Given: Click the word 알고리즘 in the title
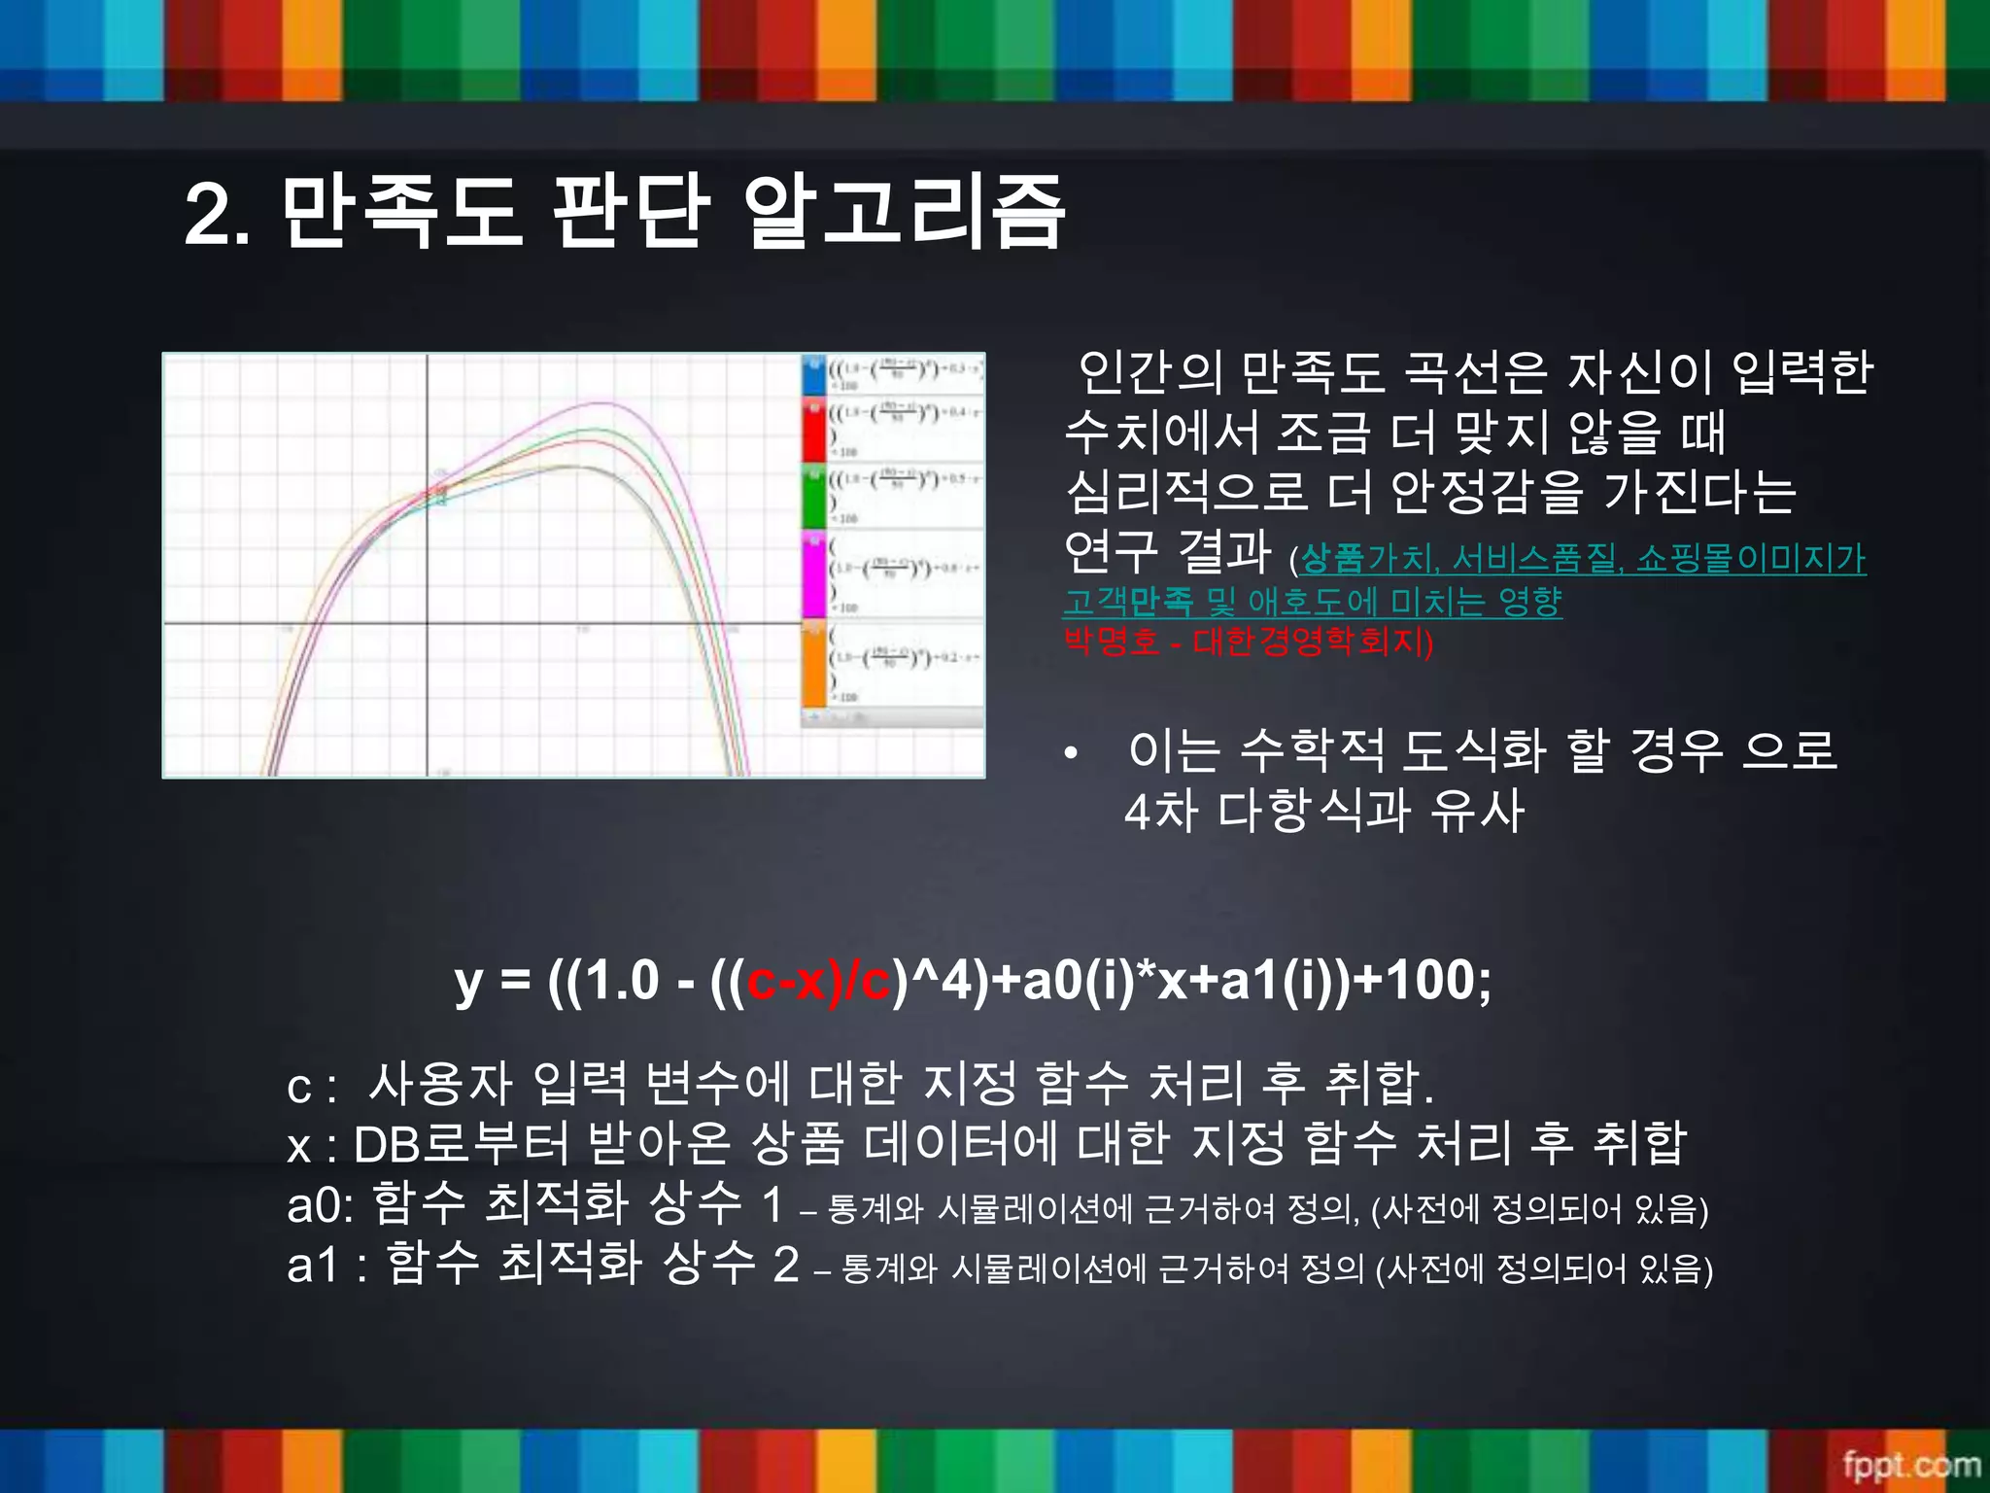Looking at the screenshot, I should point(904,212).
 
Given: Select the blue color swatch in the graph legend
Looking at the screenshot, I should point(813,375).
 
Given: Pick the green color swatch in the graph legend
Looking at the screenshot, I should point(813,496).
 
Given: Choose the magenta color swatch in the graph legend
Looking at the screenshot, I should point(813,573).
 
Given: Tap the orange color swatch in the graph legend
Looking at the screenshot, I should point(813,665).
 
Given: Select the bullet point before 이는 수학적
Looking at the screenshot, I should point(1070,753).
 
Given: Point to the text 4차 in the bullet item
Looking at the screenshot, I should point(1160,811).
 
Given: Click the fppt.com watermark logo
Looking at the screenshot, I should point(1910,1464).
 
